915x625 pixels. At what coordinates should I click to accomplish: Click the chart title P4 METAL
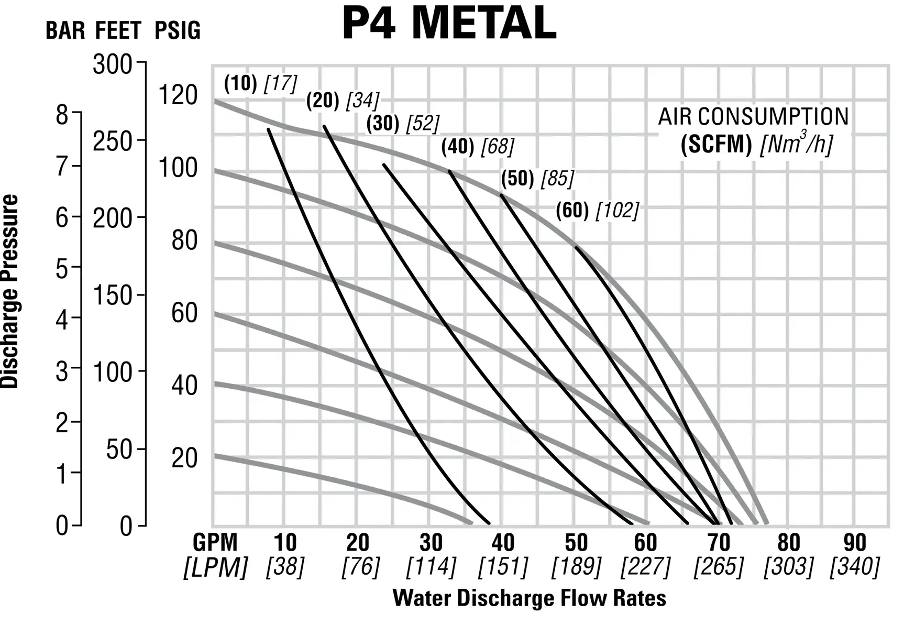coord(449,24)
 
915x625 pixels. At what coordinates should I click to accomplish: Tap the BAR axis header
coord(65,31)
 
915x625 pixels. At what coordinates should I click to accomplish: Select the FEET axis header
coord(118,31)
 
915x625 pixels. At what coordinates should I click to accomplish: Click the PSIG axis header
coord(178,31)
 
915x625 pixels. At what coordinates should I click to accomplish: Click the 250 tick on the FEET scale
coord(112,141)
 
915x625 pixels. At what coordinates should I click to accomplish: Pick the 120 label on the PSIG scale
coord(178,96)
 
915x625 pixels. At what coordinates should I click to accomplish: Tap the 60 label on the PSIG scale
coord(184,313)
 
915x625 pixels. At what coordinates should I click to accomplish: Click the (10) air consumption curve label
coord(240,83)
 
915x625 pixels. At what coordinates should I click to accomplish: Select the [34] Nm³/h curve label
coord(363,101)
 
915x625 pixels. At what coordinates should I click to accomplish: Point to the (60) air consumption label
coord(569,211)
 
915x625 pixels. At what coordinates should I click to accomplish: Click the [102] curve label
coord(619,211)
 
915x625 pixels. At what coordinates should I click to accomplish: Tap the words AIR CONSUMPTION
coord(753,117)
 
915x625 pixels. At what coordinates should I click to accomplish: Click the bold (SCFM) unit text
coord(716,145)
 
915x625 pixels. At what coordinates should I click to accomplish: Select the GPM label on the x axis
coord(215,543)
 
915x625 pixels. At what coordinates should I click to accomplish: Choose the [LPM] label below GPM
coord(215,567)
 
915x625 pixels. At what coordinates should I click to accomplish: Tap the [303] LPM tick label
coord(788,567)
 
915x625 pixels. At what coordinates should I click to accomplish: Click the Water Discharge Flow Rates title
coord(529,598)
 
